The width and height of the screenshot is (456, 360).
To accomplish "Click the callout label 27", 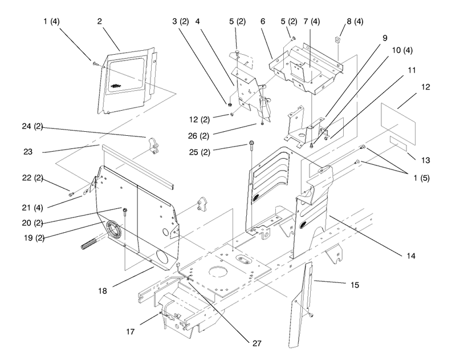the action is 257,343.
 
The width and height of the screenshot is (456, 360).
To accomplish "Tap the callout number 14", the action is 411,256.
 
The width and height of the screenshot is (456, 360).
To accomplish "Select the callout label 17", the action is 131,331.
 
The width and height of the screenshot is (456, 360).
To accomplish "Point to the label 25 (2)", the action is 199,152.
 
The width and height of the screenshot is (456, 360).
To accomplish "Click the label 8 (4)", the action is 355,21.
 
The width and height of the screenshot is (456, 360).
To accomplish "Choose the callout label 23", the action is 28,152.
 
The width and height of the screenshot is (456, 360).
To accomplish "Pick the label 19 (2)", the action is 34,238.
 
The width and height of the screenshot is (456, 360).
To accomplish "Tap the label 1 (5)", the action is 422,178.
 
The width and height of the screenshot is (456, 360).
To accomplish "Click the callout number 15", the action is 355,285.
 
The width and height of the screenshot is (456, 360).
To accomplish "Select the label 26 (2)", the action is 198,136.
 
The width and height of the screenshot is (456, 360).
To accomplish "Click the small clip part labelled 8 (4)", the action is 337,39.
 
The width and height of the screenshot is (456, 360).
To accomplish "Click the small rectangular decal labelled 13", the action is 398,143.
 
